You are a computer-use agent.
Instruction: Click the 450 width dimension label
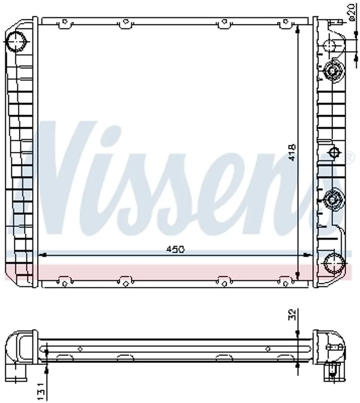(175, 249)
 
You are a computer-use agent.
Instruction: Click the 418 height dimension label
(292, 152)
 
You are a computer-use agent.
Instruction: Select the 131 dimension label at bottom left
(41, 392)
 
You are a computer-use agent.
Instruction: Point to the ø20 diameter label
(352, 13)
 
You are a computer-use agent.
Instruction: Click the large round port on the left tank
(16, 41)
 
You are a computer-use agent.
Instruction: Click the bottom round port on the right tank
(334, 263)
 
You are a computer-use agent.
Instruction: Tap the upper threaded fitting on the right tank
(333, 70)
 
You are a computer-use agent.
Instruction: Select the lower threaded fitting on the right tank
(332, 200)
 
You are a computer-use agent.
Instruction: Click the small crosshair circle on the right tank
(335, 152)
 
